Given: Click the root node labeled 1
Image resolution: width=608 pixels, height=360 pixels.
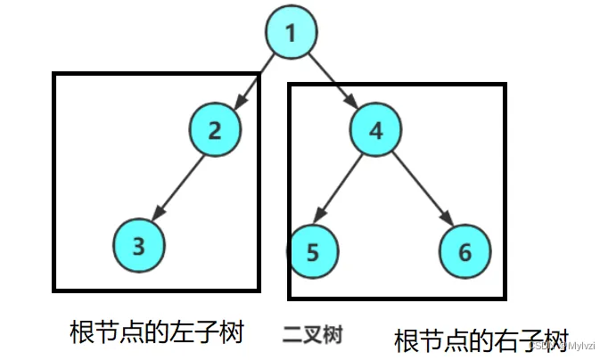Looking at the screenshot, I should [291, 33].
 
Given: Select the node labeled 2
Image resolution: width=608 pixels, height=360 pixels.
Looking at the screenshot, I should [215, 130].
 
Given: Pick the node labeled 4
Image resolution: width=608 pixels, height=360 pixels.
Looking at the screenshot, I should [375, 130].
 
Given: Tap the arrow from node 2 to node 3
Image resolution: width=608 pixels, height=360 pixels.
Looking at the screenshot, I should [179, 187].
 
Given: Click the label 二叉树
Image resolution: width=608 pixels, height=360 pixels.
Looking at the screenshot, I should [313, 334].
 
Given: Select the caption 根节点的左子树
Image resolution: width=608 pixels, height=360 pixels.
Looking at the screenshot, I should [157, 332].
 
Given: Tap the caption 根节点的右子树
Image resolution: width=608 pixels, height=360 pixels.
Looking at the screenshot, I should [481, 340].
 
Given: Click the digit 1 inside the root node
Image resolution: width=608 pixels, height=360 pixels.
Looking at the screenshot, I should [291, 33].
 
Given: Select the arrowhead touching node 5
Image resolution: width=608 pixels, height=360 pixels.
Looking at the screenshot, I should [324, 222].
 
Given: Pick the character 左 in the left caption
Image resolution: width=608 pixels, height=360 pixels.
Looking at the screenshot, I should [189, 332].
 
